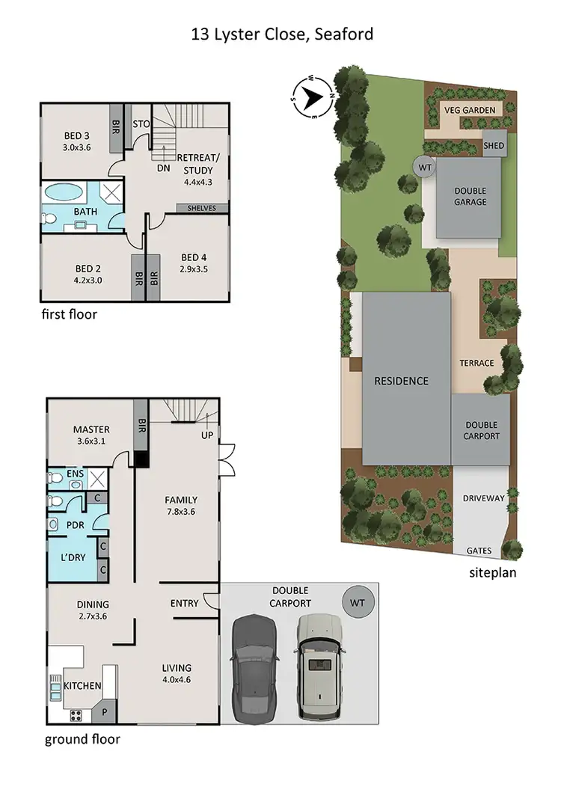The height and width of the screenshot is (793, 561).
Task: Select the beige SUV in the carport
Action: pos(317,667)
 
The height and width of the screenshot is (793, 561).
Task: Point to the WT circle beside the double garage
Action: pos(425,168)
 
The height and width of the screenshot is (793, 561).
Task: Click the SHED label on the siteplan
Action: pos(494,145)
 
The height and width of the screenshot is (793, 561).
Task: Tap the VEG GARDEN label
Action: pos(470,110)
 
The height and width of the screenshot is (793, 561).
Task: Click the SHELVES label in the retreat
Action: pos(202,208)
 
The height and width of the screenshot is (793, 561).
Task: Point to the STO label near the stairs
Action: pos(141,123)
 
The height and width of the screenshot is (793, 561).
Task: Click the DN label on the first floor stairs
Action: pos(163,168)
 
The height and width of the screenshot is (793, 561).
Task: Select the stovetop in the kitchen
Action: pos(76,714)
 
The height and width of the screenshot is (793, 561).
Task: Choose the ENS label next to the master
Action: pos(75,474)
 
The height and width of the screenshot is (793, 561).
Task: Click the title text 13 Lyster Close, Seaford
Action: pos(281,34)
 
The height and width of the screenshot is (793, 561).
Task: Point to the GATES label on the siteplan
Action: pos(479,551)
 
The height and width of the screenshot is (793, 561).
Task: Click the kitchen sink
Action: pos(55,685)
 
